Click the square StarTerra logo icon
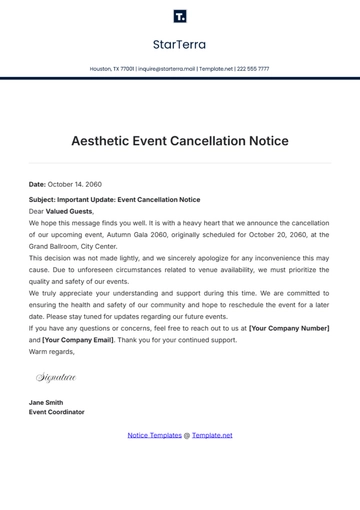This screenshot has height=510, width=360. (180, 16)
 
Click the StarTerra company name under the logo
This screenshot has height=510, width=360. (180, 44)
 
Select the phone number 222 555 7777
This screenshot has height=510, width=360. (252, 69)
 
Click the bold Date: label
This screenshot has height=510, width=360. (37, 184)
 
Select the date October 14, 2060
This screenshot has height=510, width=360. (76, 184)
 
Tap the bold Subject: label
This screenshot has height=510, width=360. (43, 199)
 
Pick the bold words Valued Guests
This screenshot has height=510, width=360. (69, 211)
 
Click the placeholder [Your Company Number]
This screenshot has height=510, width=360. (288, 328)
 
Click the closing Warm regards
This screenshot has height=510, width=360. (51, 351)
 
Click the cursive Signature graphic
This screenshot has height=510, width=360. (56, 377)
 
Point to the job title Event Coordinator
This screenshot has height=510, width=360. (57, 412)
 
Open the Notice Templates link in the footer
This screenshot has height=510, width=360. (153, 435)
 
